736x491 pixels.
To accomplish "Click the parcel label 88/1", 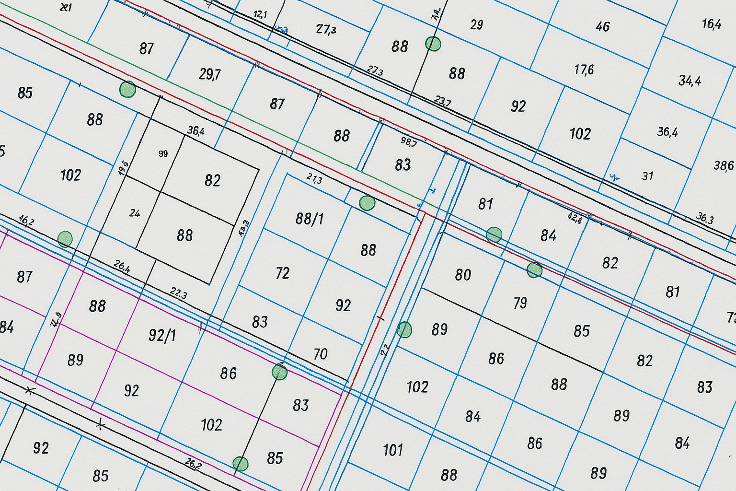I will (x=310, y=219).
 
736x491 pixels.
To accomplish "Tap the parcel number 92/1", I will (x=162, y=335).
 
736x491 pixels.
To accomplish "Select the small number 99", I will (x=163, y=154).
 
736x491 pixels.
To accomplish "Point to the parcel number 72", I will (x=283, y=273).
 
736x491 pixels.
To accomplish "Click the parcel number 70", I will (x=320, y=354).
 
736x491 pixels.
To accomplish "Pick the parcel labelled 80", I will (x=463, y=275).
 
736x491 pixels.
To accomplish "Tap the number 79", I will (x=520, y=303).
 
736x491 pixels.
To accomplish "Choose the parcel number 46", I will (x=602, y=26).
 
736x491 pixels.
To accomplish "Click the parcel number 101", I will (x=393, y=450).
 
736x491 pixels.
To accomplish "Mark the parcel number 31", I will (x=647, y=176).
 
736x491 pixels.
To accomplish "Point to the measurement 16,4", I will (x=711, y=23).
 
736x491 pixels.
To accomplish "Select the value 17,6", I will (x=584, y=70).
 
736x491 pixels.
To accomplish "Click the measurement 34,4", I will (x=690, y=81).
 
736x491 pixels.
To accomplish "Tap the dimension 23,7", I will (x=442, y=101).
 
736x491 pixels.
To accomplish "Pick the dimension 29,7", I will (x=210, y=74).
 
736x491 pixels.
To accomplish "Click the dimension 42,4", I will (x=575, y=218).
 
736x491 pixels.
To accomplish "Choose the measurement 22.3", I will (x=178, y=293).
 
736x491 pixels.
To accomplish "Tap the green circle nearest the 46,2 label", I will (x=65, y=239).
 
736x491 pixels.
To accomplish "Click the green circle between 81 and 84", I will (x=494, y=235).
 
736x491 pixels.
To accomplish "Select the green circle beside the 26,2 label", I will (x=240, y=464).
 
